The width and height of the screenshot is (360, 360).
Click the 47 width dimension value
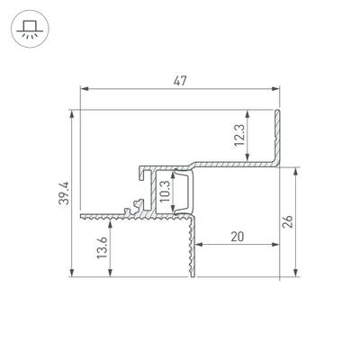pos(180,81)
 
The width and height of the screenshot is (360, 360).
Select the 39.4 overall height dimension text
pos(64,193)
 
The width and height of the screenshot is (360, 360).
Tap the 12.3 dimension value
pos(240,135)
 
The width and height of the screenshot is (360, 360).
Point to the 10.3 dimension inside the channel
pos(165,192)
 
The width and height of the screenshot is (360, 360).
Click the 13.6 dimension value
pos(102,247)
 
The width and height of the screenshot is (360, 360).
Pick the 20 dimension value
pos(238,237)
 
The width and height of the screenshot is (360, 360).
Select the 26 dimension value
pos(288,222)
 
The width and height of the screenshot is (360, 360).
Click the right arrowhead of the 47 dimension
pos(275,89)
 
